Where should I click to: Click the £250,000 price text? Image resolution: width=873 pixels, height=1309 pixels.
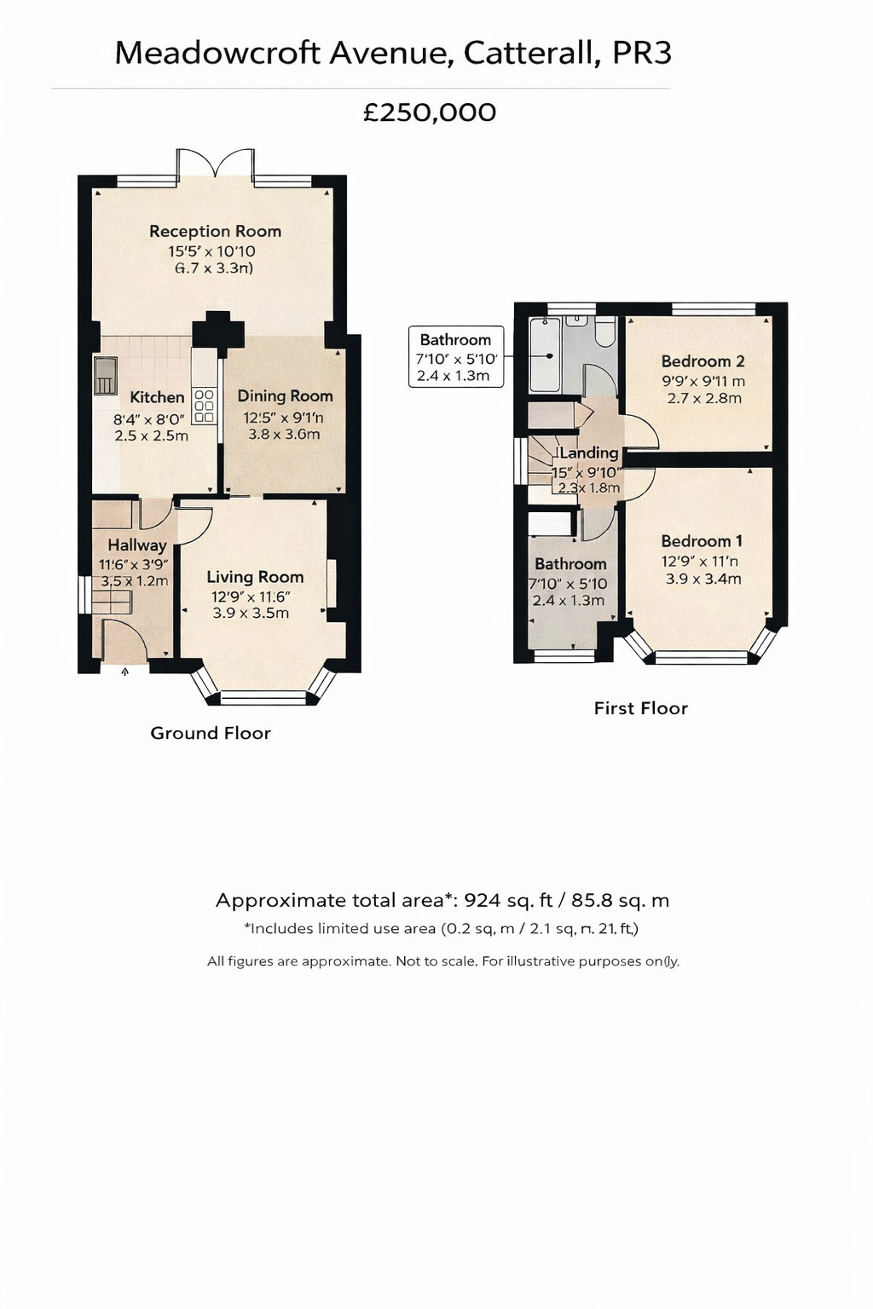pyautogui.click(x=430, y=112)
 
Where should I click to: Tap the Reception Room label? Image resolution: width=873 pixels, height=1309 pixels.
pyautogui.click(x=215, y=231)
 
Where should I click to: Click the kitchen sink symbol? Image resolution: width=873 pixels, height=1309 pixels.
pyautogui.click(x=105, y=376)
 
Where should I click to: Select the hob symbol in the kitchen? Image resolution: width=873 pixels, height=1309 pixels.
pyautogui.click(x=204, y=406)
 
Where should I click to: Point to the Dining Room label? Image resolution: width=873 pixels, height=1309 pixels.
pyautogui.click(x=285, y=395)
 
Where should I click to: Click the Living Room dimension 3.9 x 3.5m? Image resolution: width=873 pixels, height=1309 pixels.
pyautogui.click(x=251, y=613)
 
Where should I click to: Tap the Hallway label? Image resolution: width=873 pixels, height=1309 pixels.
pyautogui.click(x=136, y=545)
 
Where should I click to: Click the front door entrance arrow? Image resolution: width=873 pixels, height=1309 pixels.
pyautogui.click(x=125, y=672)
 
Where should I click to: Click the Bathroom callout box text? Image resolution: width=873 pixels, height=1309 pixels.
pyautogui.click(x=455, y=340)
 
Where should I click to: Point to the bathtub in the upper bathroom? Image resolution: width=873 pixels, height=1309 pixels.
pyautogui.click(x=545, y=355)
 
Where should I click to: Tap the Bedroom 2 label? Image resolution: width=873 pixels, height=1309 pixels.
pyautogui.click(x=702, y=360)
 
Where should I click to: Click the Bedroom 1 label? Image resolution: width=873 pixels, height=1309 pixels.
pyautogui.click(x=702, y=541)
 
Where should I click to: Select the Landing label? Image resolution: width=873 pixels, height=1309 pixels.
pyautogui.click(x=588, y=453)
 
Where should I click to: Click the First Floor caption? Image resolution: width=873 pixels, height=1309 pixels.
pyautogui.click(x=640, y=708)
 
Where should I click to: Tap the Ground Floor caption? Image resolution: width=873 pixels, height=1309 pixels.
pyautogui.click(x=211, y=733)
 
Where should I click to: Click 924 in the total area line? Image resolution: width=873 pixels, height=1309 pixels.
pyautogui.click(x=482, y=901)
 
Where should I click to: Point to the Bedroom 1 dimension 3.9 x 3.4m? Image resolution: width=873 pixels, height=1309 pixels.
pyautogui.click(x=703, y=579)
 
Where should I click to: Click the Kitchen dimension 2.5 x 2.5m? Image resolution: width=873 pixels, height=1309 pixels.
pyautogui.click(x=151, y=435)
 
